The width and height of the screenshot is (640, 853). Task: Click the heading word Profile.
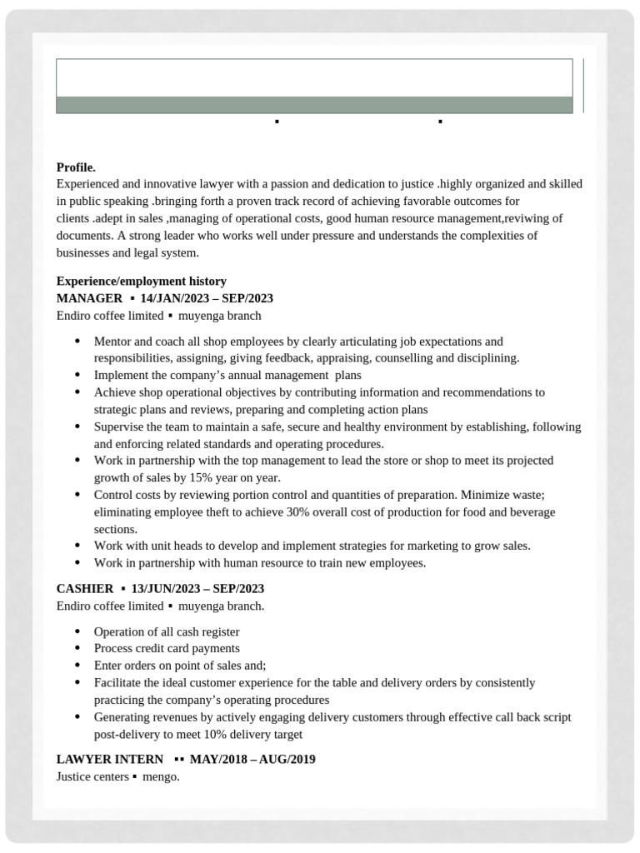[x=76, y=167]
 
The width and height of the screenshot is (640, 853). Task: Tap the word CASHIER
[x=85, y=589]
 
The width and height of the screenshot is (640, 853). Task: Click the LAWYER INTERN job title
[x=110, y=760]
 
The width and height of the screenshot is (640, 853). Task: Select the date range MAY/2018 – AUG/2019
[x=252, y=760]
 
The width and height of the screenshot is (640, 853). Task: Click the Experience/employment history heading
[x=142, y=282]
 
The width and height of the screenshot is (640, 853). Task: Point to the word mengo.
[x=161, y=777]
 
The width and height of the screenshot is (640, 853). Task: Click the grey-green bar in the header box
[x=314, y=105]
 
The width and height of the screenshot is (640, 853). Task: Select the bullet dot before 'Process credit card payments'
[x=77, y=648]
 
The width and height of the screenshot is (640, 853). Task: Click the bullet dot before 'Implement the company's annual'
[x=77, y=375]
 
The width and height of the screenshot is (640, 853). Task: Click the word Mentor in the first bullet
[x=112, y=342]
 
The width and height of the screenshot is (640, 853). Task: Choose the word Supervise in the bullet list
[x=119, y=426]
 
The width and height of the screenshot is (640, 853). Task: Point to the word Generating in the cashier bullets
[x=122, y=717]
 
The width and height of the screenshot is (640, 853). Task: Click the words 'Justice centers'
[x=92, y=777]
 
